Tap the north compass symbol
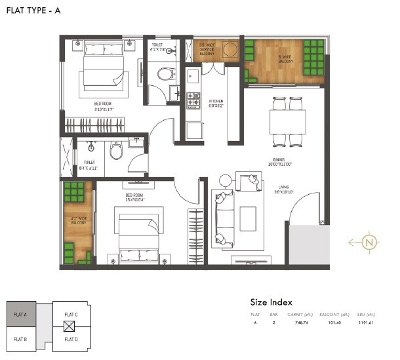371,242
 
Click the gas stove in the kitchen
194,100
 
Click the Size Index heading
272,302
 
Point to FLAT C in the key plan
71,315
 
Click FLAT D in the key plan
71,339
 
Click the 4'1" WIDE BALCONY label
77,220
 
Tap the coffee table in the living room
248,218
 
